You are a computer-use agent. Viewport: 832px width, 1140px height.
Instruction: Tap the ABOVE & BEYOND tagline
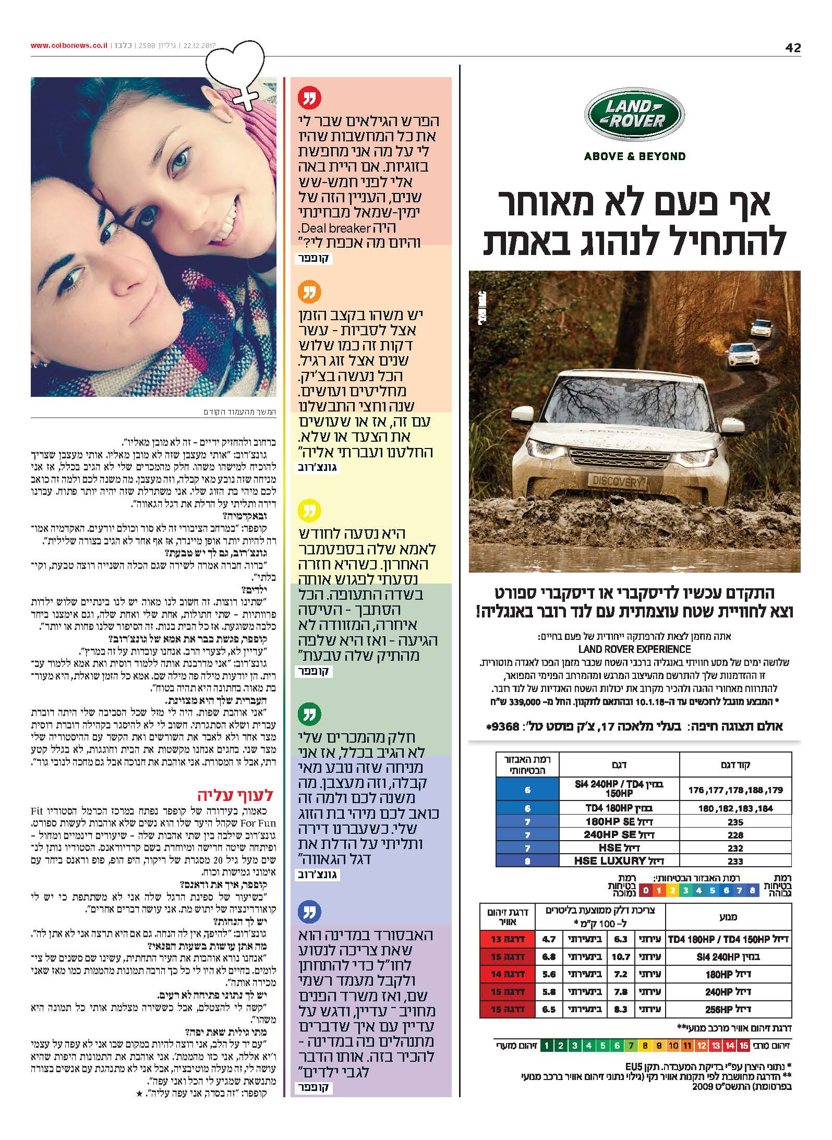coord(634,156)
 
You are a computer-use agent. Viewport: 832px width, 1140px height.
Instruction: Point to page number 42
coord(792,48)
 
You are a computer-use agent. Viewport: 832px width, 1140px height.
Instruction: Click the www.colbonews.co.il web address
coord(69,45)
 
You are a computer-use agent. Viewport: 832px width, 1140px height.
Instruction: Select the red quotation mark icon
coord(309,98)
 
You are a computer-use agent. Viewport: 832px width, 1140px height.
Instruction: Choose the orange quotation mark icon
coord(309,292)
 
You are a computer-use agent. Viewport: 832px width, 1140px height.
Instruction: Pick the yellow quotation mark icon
coord(309,511)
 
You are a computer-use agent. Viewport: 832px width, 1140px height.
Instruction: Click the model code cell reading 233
coord(735,861)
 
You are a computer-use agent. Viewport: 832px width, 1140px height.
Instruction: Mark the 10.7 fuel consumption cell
coord(621,956)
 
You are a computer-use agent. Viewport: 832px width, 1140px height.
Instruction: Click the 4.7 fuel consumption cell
coord(549,939)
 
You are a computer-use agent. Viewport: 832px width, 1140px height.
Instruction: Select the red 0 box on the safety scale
coord(646,890)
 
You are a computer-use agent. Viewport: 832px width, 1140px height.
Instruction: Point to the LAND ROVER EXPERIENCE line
coord(634,649)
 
